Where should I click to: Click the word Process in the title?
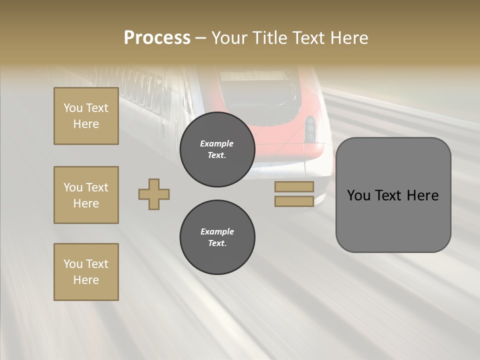point(157,37)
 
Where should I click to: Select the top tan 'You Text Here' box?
point(86,116)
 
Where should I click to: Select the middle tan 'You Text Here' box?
point(86,195)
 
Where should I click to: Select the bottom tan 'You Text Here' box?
point(86,272)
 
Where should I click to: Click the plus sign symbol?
point(154,194)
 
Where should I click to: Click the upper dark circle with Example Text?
point(217,149)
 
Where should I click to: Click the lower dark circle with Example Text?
point(217,237)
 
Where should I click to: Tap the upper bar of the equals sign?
point(294,187)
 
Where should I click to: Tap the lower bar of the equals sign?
point(294,201)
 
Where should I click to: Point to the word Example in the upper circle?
point(217,143)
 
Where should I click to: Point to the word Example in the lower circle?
point(217,231)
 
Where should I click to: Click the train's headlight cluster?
point(310,129)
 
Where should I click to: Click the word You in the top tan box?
point(73,108)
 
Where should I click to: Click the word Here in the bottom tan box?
point(86,280)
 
